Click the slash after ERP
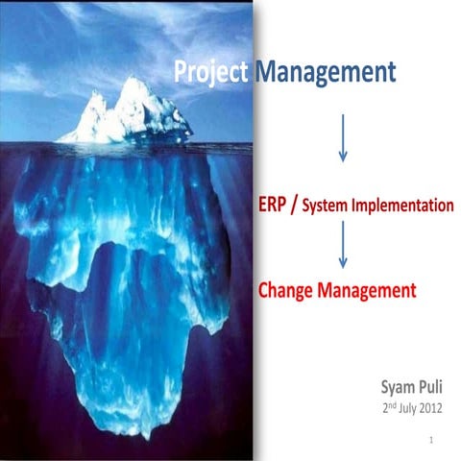pyautogui.click(x=307, y=204)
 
